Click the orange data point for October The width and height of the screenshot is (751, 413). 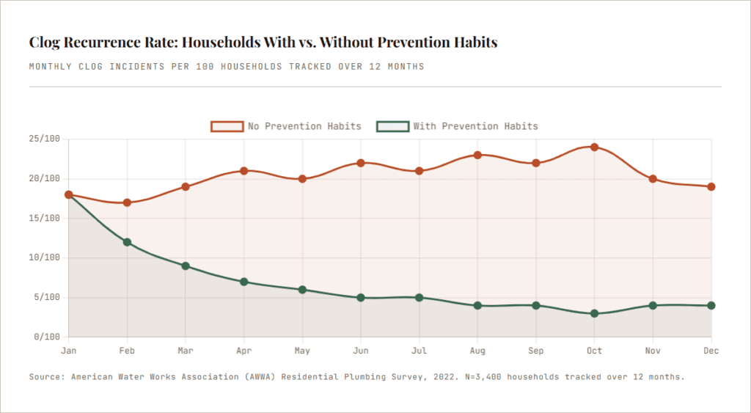point(594,147)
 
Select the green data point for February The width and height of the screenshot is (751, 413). point(127,242)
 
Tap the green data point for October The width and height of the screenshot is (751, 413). point(594,313)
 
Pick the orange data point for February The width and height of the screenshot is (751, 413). point(127,202)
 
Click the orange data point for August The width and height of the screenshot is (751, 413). point(477,155)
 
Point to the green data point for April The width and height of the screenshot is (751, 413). point(243,282)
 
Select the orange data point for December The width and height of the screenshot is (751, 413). point(711,186)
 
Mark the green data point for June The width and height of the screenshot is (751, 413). point(361,298)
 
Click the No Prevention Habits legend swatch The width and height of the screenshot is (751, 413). point(227,126)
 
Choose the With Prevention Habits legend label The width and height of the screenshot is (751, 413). point(475,126)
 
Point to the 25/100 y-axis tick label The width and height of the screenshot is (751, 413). point(46,139)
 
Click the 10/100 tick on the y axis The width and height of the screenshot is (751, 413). point(46,258)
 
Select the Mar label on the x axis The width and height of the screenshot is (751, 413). point(186,351)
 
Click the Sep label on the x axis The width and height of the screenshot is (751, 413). point(536,351)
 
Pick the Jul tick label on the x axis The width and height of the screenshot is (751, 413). point(419,351)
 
